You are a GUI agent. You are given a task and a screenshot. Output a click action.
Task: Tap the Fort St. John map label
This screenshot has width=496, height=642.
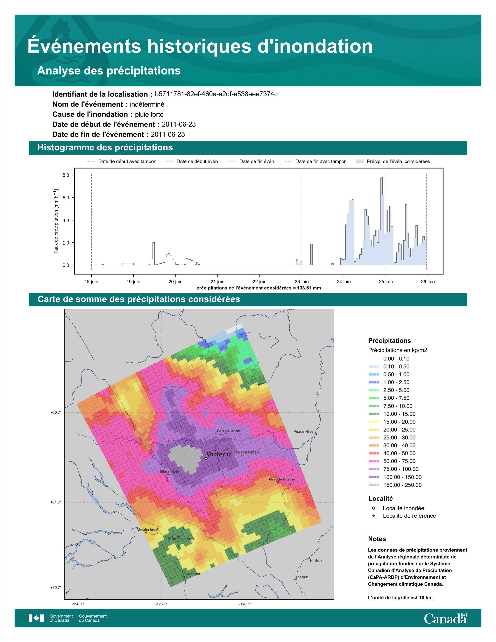click(x=228, y=431)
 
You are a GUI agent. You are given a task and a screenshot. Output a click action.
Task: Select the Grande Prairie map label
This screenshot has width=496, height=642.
click(x=282, y=479)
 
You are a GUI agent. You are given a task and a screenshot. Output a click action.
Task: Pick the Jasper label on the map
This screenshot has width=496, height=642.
click(x=301, y=577)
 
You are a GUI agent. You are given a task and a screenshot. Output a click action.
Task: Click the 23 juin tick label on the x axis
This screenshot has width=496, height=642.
click(x=302, y=282)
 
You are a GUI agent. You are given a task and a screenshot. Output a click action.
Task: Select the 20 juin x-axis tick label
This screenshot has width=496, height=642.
click(x=175, y=282)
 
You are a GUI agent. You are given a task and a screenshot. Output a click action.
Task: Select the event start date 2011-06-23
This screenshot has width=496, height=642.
click(x=179, y=124)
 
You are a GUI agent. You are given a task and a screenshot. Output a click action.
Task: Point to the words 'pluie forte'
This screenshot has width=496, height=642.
click(x=149, y=114)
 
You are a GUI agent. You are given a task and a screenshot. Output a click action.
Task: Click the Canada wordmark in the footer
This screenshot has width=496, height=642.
click(x=445, y=618)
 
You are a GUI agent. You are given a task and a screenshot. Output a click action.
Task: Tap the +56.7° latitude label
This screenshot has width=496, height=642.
click(x=56, y=412)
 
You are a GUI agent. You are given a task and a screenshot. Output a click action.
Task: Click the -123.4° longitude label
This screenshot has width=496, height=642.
click(x=161, y=604)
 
